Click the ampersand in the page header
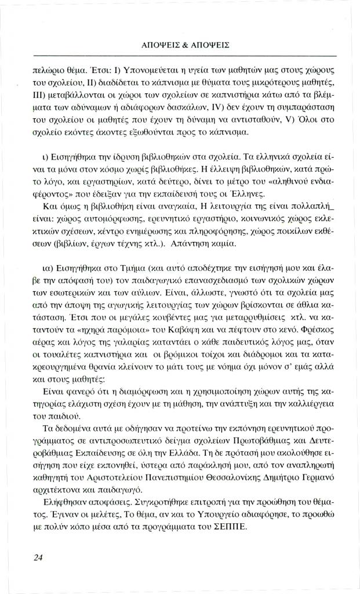coord(180,44)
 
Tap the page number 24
coord(39,557)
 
